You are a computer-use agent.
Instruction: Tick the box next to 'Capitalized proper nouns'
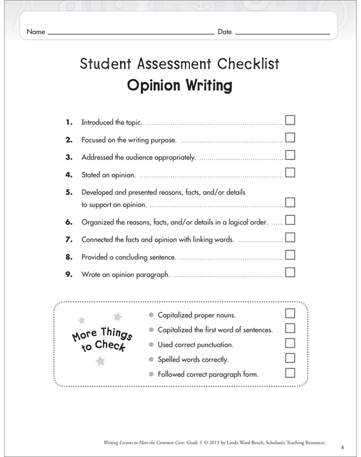click(x=290, y=314)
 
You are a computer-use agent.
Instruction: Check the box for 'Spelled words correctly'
click(x=290, y=358)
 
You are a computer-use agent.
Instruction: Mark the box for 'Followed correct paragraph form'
click(x=290, y=372)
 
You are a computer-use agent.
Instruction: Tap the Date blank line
click(x=282, y=33)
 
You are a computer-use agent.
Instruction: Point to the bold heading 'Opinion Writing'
click(x=179, y=85)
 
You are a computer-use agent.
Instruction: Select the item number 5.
click(x=69, y=192)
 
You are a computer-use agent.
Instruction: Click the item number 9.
click(x=69, y=274)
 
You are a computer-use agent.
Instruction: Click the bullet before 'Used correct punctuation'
click(x=152, y=345)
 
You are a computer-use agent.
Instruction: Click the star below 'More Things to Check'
click(x=100, y=361)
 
